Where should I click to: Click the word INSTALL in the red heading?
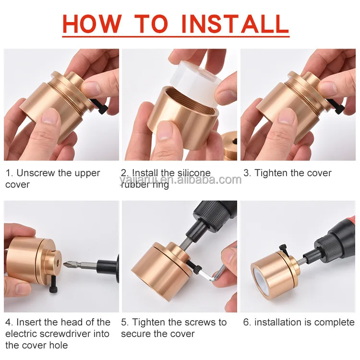(x=235, y=24)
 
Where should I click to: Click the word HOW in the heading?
(x=92, y=24)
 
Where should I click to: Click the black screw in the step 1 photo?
(x=101, y=106)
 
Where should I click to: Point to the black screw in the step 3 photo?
(x=337, y=106)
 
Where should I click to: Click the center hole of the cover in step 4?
(x=57, y=261)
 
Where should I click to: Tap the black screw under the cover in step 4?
(x=53, y=284)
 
